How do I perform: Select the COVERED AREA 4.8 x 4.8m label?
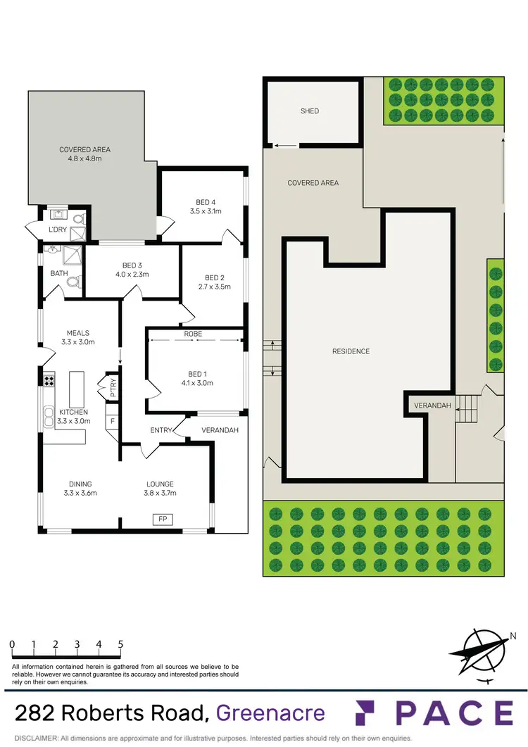click(x=84, y=153)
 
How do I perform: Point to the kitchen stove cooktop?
click(x=49, y=381)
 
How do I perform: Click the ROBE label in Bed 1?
click(x=194, y=335)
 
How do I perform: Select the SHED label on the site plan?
click(x=310, y=111)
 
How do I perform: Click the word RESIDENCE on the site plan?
click(x=351, y=351)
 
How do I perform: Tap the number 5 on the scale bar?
click(x=121, y=644)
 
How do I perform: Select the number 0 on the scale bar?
click(x=12, y=644)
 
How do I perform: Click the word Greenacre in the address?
click(x=270, y=713)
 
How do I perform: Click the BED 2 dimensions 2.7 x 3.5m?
click(x=213, y=287)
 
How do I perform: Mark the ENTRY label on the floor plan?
click(x=161, y=430)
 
